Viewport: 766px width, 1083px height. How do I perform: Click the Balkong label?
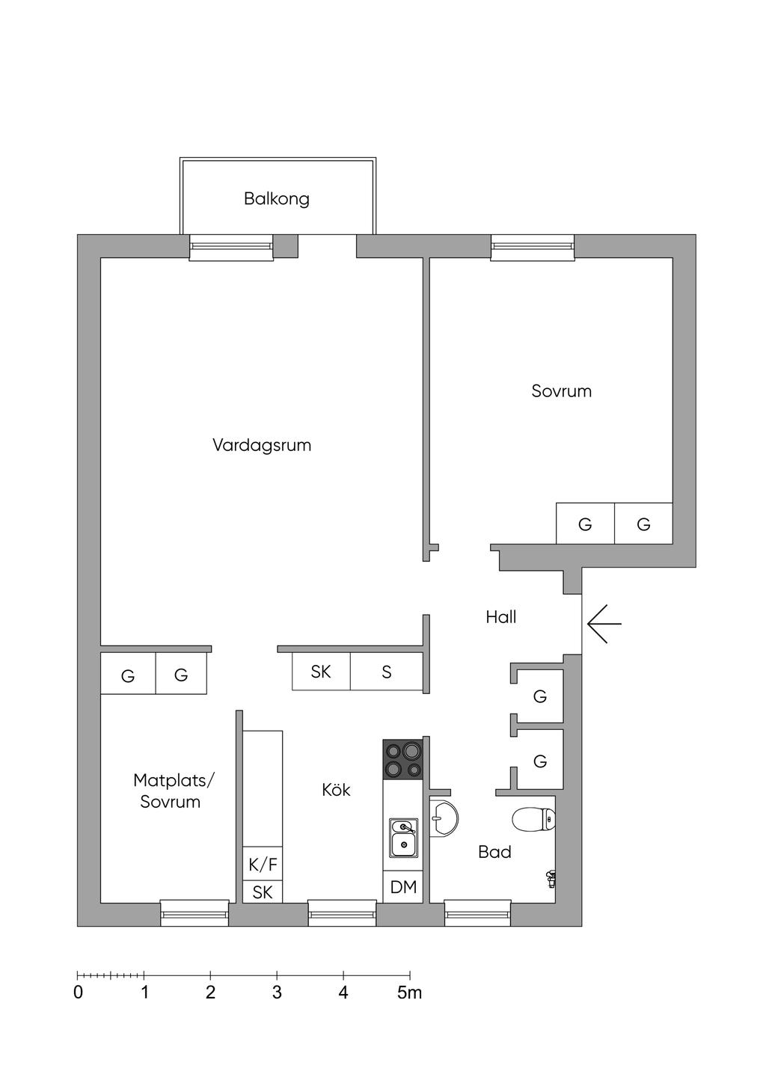(277, 199)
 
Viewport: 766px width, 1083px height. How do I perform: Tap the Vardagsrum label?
(262, 445)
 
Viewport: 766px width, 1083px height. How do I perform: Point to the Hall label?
(501, 617)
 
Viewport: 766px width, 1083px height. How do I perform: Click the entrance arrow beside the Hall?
(604, 624)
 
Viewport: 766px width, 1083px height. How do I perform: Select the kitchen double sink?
(404, 838)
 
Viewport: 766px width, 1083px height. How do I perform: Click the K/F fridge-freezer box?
(263, 864)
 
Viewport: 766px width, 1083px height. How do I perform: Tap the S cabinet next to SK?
(387, 672)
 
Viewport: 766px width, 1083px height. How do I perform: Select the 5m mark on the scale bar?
(410, 993)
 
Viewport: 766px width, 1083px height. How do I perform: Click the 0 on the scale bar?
(78, 993)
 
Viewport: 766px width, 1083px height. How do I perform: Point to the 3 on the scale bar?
(277, 993)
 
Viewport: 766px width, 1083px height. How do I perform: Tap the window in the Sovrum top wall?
(533, 248)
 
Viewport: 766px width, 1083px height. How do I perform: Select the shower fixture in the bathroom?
(551, 879)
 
